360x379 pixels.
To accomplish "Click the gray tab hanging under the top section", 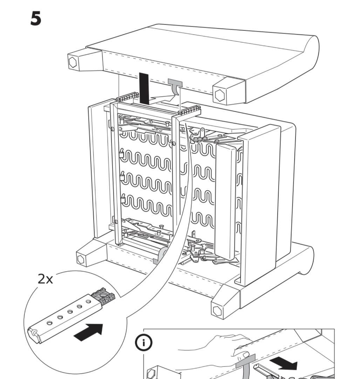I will click(175, 84).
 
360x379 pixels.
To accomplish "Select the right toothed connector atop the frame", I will click(189, 110).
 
